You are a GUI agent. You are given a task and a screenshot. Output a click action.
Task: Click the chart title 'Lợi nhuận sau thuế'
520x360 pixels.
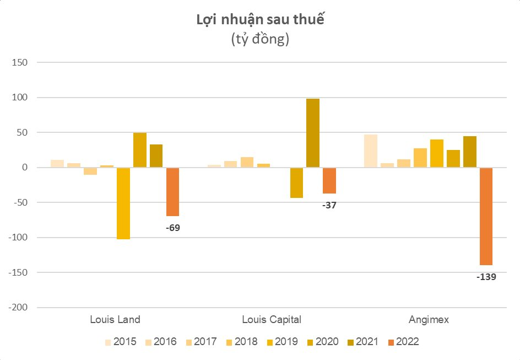(x=260, y=20)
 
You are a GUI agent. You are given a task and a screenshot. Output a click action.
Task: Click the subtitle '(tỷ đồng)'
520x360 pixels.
(x=260, y=40)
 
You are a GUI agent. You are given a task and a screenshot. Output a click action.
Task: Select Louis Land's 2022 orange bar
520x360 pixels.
(x=172, y=191)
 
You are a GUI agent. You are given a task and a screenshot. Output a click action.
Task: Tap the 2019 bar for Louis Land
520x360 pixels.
(x=123, y=203)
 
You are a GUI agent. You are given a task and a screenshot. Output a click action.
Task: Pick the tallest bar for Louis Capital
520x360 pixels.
(x=313, y=133)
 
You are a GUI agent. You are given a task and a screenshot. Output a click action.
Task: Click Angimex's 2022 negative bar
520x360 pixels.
(x=486, y=216)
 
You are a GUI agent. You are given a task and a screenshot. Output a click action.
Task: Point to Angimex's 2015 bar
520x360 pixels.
(x=371, y=151)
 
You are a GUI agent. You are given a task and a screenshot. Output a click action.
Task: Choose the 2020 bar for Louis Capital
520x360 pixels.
(x=296, y=182)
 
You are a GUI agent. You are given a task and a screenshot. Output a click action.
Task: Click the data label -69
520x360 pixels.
(x=173, y=226)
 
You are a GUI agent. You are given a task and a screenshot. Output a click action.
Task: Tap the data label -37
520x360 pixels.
(x=329, y=205)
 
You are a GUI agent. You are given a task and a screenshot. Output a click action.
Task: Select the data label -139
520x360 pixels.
(x=486, y=277)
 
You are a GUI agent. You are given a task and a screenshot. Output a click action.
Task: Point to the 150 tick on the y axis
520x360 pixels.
(x=19, y=63)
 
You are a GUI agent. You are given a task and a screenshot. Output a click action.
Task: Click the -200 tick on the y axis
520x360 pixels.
(x=18, y=308)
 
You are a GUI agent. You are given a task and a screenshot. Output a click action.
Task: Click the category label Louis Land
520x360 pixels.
(x=115, y=320)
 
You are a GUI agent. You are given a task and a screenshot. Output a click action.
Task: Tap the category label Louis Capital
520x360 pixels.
(x=272, y=320)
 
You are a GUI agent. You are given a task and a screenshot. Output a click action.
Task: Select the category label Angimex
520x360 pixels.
(x=429, y=320)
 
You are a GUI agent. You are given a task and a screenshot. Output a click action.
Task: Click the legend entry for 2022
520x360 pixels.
(x=404, y=342)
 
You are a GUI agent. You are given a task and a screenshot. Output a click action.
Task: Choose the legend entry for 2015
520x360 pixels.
(x=121, y=342)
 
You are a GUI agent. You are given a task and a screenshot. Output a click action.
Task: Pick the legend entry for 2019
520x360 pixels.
(x=282, y=342)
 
